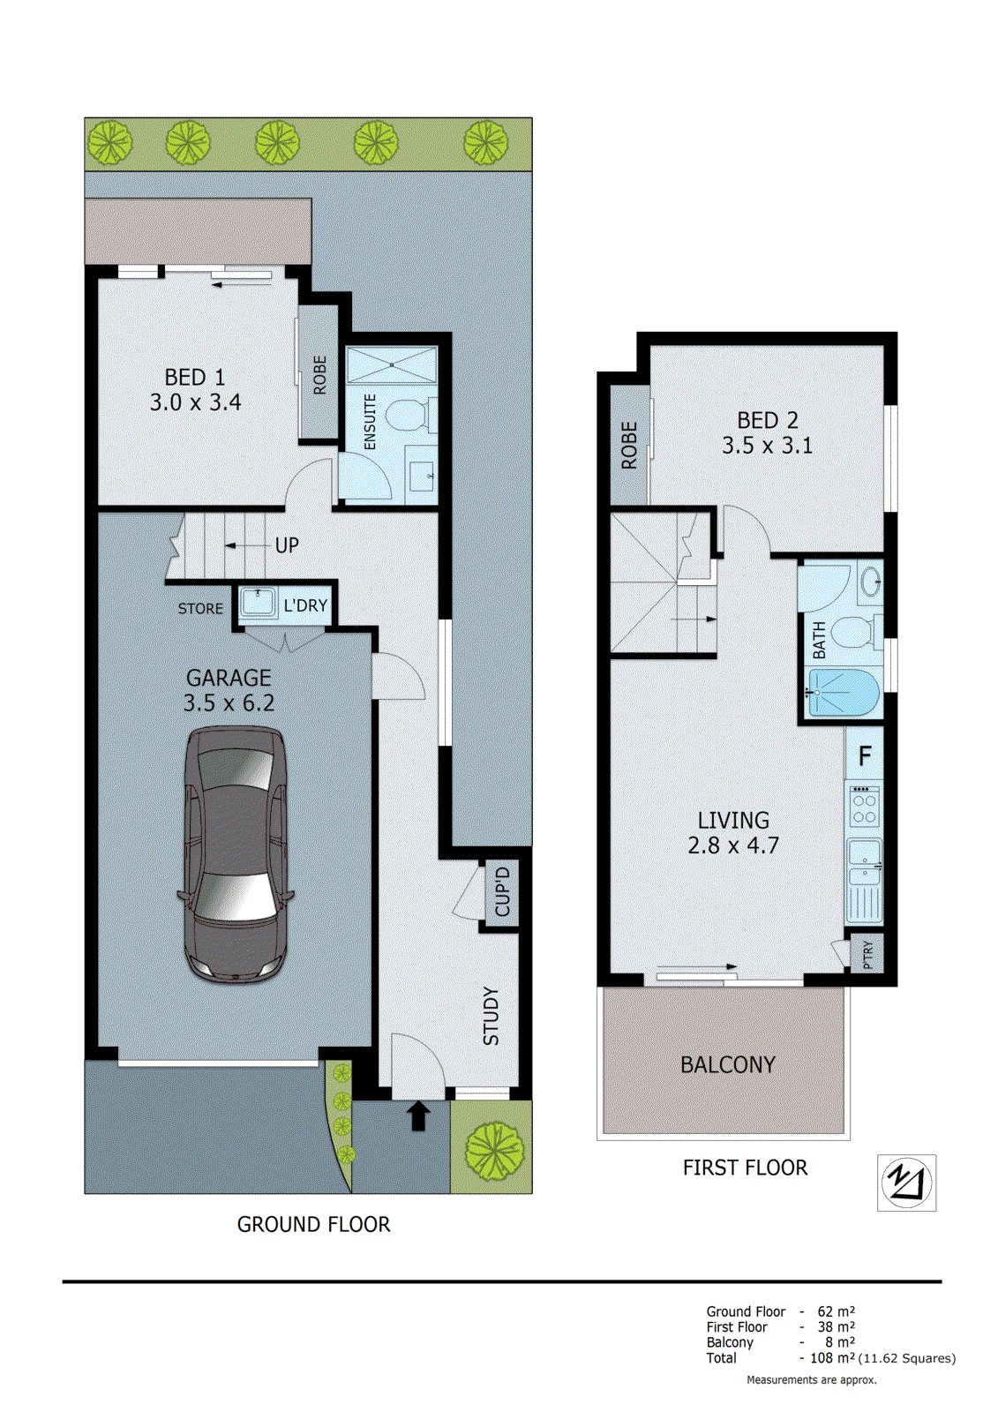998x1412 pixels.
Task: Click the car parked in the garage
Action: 235,854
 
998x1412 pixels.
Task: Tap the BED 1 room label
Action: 195,378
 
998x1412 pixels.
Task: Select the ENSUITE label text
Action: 370,422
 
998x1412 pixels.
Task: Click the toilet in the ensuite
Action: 409,414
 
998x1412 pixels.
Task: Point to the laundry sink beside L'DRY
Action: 258,604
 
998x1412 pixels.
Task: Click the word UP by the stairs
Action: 287,545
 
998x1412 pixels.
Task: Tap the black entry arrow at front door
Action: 418,1115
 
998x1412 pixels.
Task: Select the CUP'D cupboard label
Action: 502,891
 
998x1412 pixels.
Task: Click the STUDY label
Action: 491,1017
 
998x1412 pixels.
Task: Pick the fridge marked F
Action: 865,756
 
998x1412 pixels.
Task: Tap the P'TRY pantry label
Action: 867,954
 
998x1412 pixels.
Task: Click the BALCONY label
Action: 727,1065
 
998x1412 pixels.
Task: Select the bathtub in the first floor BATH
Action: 844,693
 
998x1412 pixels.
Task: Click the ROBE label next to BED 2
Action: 629,445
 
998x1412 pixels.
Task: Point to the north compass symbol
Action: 906,1183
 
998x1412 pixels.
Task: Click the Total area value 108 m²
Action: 832,1358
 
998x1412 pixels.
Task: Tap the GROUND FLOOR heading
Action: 313,1224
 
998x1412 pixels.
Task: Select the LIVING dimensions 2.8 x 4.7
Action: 733,845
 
